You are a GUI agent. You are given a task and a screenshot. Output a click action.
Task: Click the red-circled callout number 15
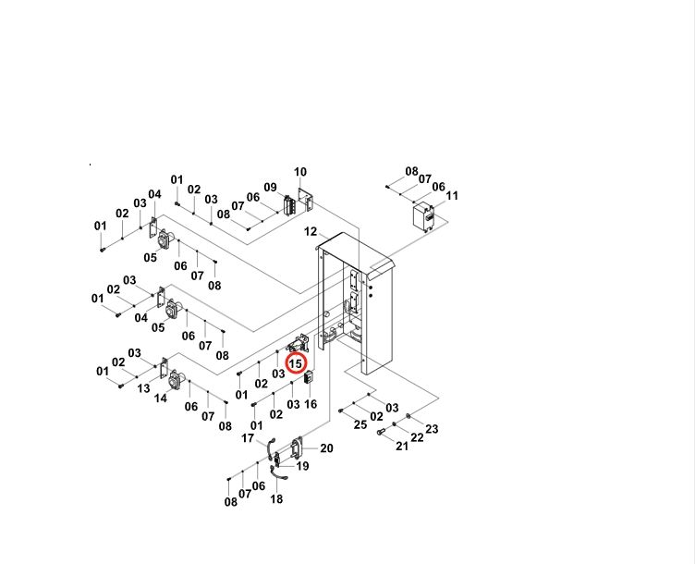click(x=295, y=364)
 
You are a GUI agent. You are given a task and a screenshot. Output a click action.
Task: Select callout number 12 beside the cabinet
click(x=311, y=231)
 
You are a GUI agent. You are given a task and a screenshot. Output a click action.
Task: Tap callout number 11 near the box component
click(x=452, y=195)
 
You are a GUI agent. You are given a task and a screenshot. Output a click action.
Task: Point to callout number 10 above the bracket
click(x=300, y=172)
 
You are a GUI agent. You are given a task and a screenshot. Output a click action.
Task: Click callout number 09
click(x=271, y=188)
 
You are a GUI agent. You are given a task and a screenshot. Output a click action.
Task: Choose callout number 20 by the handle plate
click(x=326, y=448)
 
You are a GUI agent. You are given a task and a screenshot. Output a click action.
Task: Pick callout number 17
click(x=248, y=438)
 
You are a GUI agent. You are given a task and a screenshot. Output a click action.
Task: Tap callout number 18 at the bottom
click(x=276, y=499)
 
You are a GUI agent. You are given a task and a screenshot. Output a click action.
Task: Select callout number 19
click(x=302, y=466)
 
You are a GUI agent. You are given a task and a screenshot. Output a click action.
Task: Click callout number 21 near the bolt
click(x=402, y=446)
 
